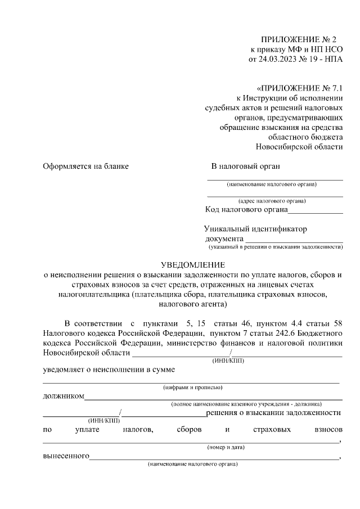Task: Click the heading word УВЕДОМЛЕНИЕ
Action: coord(193,265)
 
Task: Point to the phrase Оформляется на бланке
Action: coord(86,166)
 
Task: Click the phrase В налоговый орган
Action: coord(245,166)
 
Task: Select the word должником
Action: coord(64,396)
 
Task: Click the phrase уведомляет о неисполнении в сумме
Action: coord(110,370)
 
